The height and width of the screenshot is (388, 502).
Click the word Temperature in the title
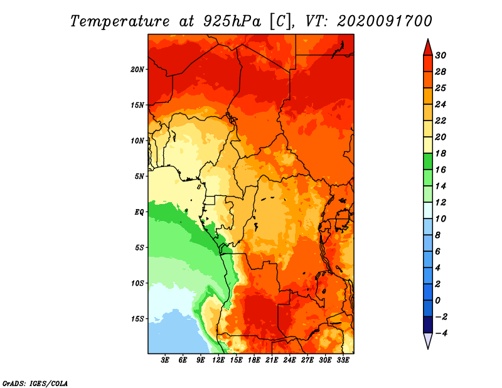pos(120,21)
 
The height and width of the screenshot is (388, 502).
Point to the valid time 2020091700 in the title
pos(385,21)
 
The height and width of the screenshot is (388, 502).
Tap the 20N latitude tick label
pos(137,69)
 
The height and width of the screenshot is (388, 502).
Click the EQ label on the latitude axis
pos(139,212)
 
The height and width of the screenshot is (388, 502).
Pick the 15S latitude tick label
pos(137,319)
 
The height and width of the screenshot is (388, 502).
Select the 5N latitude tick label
pos(139,176)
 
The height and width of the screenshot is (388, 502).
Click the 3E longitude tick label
pos(165,360)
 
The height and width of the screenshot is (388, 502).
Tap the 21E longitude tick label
pos(272,360)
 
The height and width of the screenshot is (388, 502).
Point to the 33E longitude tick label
pos(343,360)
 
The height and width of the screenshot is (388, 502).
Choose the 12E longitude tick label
pos(218,360)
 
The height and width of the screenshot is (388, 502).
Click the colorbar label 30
pos(441,55)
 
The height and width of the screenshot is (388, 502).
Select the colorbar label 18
pos(441,153)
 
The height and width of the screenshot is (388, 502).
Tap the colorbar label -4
pos(441,333)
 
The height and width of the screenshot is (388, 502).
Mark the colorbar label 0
pos(437,301)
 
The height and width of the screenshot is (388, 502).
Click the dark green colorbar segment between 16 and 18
pos(428,161)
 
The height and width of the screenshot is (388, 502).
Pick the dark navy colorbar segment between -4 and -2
pos(428,325)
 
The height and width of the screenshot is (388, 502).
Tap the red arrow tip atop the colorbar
pos(428,40)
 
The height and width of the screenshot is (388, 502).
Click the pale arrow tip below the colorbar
pos(428,348)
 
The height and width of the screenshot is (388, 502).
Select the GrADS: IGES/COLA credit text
pos(35,384)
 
